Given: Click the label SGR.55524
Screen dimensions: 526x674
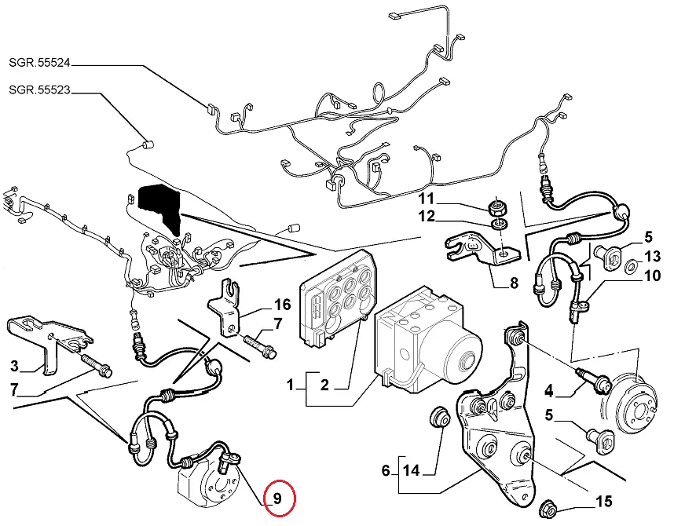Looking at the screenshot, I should pyautogui.click(x=39, y=61).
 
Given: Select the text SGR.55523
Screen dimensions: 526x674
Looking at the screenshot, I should pyautogui.click(x=39, y=89).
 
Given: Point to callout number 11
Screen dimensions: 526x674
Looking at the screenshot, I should pyautogui.click(x=448, y=197).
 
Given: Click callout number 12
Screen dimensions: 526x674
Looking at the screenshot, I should pyautogui.click(x=448, y=216).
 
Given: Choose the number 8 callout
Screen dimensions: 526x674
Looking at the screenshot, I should pyautogui.click(x=514, y=283).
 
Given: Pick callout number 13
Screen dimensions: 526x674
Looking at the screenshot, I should pyautogui.click(x=654, y=257).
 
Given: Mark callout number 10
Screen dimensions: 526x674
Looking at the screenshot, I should pyautogui.click(x=654, y=276).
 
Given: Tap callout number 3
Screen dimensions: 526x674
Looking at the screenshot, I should pyautogui.click(x=14, y=365).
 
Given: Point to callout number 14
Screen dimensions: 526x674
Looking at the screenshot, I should pyautogui.click(x=412, y=472).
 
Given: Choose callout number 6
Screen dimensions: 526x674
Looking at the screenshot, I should pyautogui.click(x=386, y=472).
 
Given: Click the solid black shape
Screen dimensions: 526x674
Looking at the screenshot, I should pyautogui.click(x=159, y=206).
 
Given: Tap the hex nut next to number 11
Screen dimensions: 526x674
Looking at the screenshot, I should pyautogui.click(x=496, y=208).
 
